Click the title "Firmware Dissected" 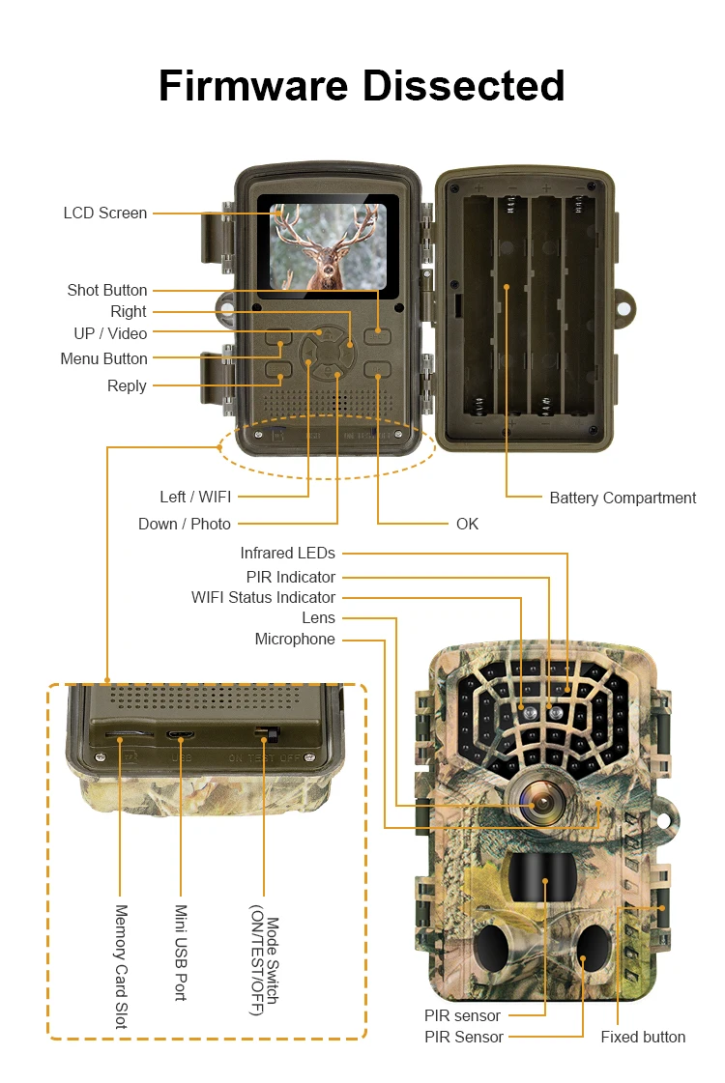(362, 85)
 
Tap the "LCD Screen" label (105, 213)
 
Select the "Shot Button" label (107, 290)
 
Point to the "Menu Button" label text (103, 358)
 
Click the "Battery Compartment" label (623, 498)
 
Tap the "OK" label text (467, 524)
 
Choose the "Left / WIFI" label (195, 497)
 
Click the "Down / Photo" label (185, 524)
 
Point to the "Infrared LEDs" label (288, 553)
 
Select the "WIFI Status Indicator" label (263, 597)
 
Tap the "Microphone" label (295, 639)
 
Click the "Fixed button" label (643, 1037)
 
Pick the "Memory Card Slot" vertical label (122, 966)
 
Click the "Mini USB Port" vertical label (180, 953)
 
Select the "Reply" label (127, 385)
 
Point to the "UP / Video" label (110, 333)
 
